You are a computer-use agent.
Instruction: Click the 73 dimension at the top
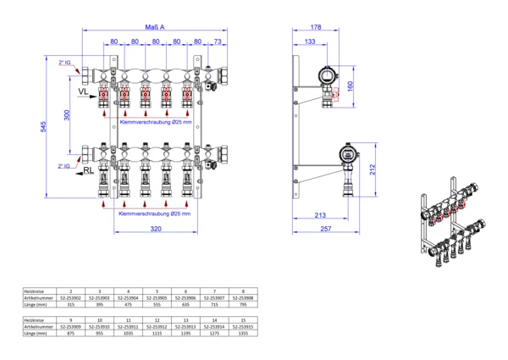tap(216, 41)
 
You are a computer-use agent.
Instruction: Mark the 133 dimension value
tap(312, 41)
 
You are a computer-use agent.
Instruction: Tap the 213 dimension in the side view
tap(320, 216)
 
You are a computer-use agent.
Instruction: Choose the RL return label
tap(88, 170)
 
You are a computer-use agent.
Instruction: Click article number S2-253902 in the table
tap(69, 297)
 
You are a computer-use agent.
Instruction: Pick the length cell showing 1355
tap(244, 333)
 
